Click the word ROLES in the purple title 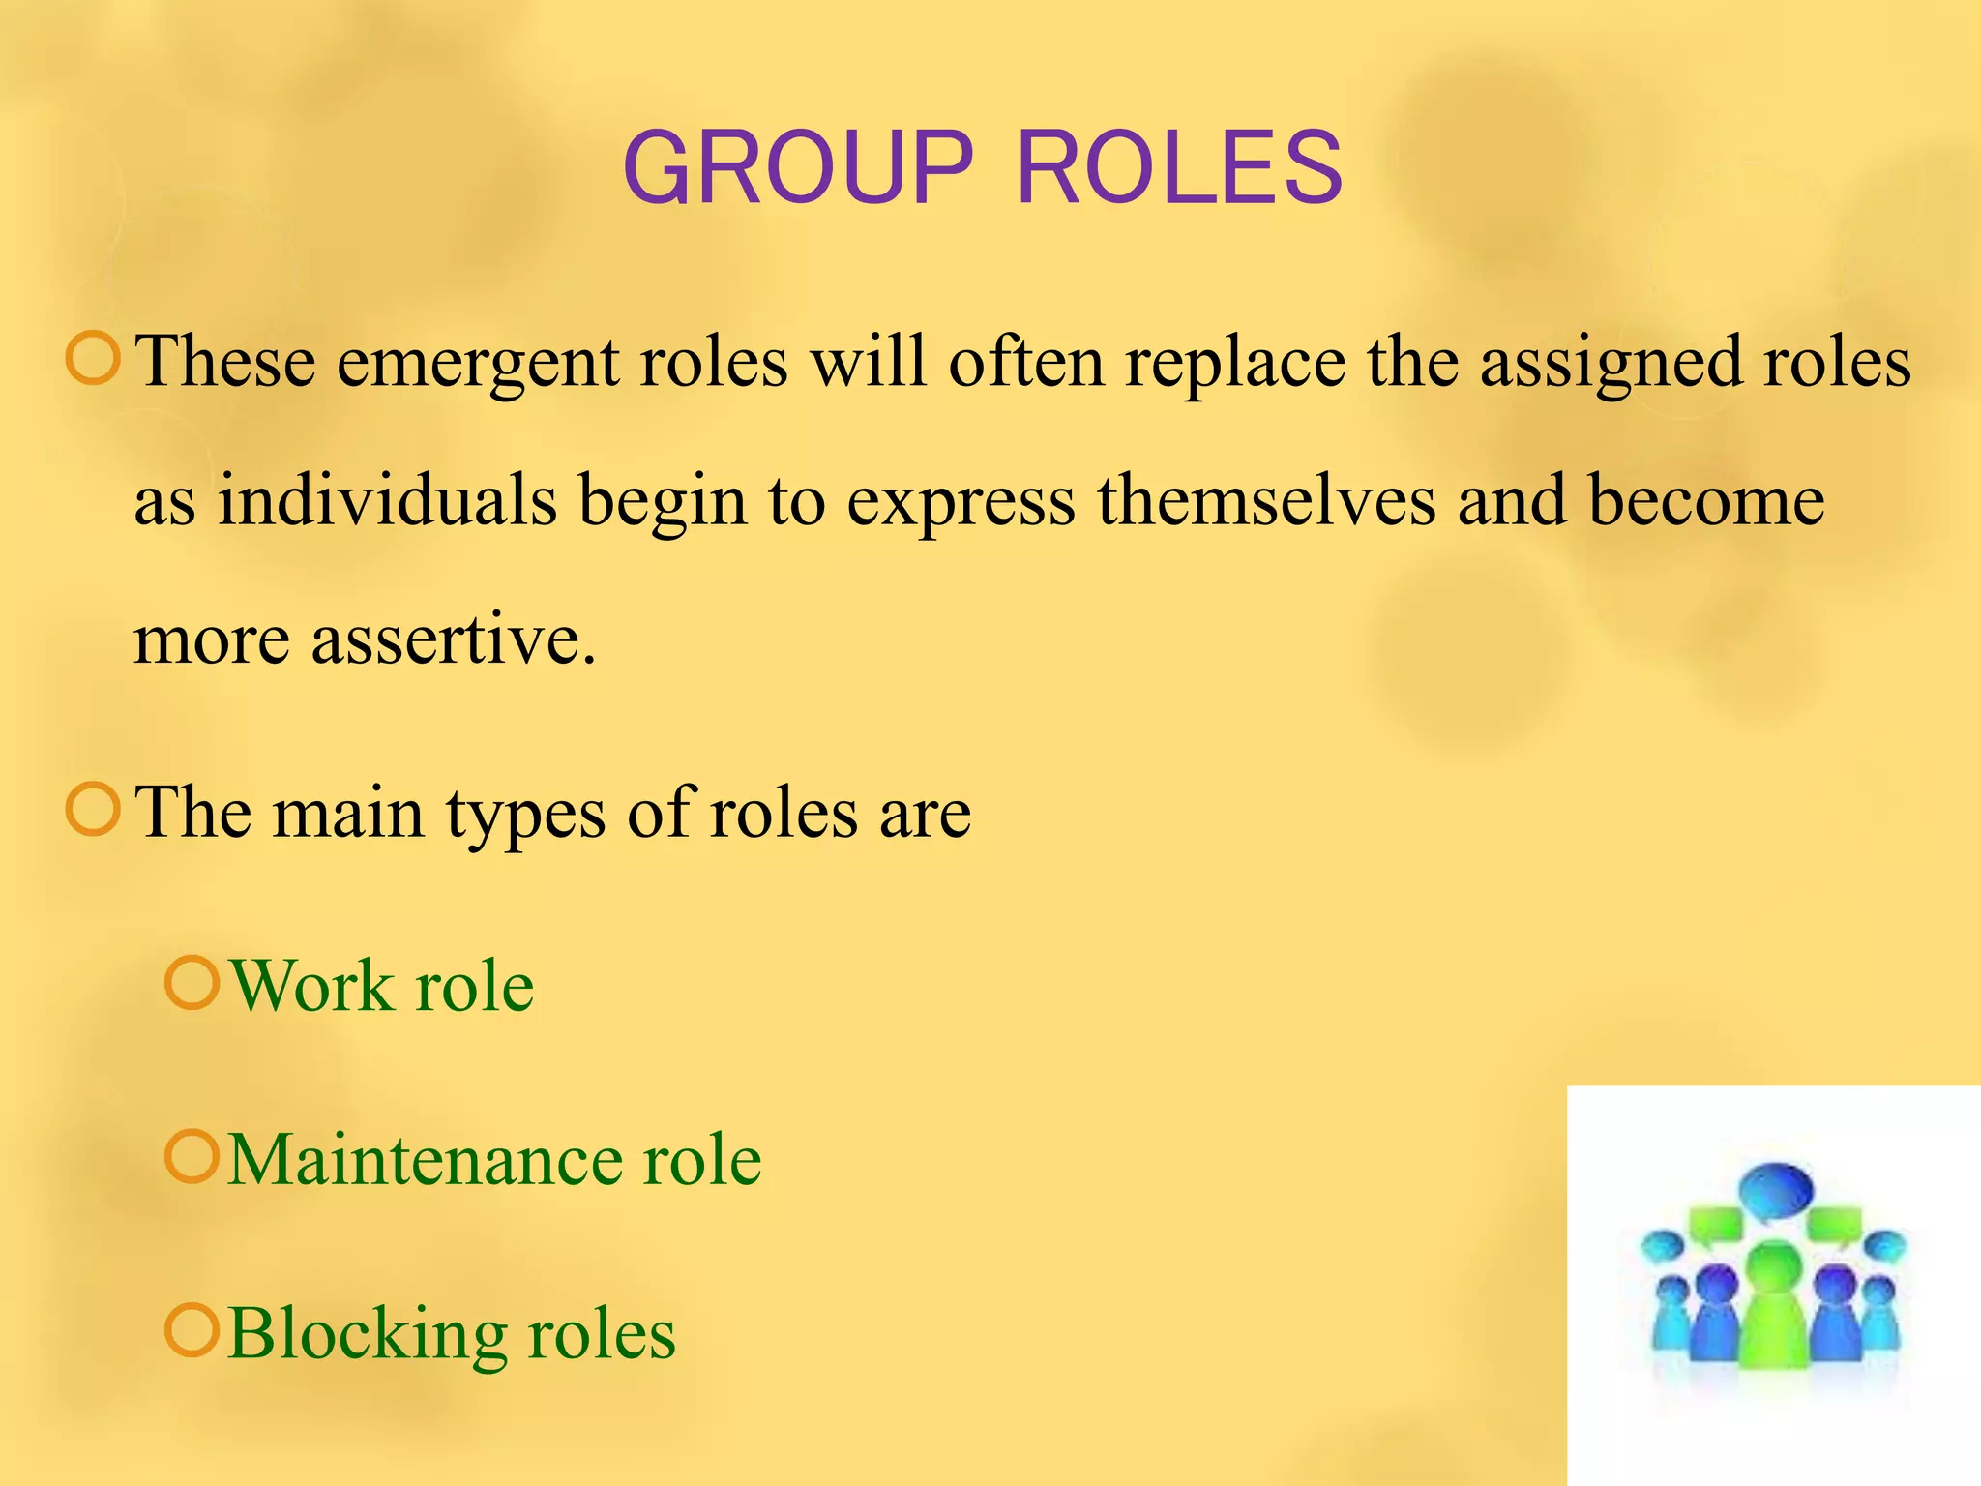[x=1179, y=168]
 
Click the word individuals [x=387, y=501]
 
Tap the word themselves [x=1266, y=501]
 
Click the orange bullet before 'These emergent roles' [x=93, y=358]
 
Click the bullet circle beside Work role [x=192, y=983]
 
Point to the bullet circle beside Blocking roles [x=192, y=1330]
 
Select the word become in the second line [x=1706, y=501]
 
